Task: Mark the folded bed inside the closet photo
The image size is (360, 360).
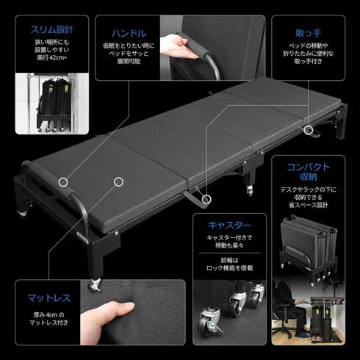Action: pos(53,107)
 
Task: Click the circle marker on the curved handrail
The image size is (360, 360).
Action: pos(65,181)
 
